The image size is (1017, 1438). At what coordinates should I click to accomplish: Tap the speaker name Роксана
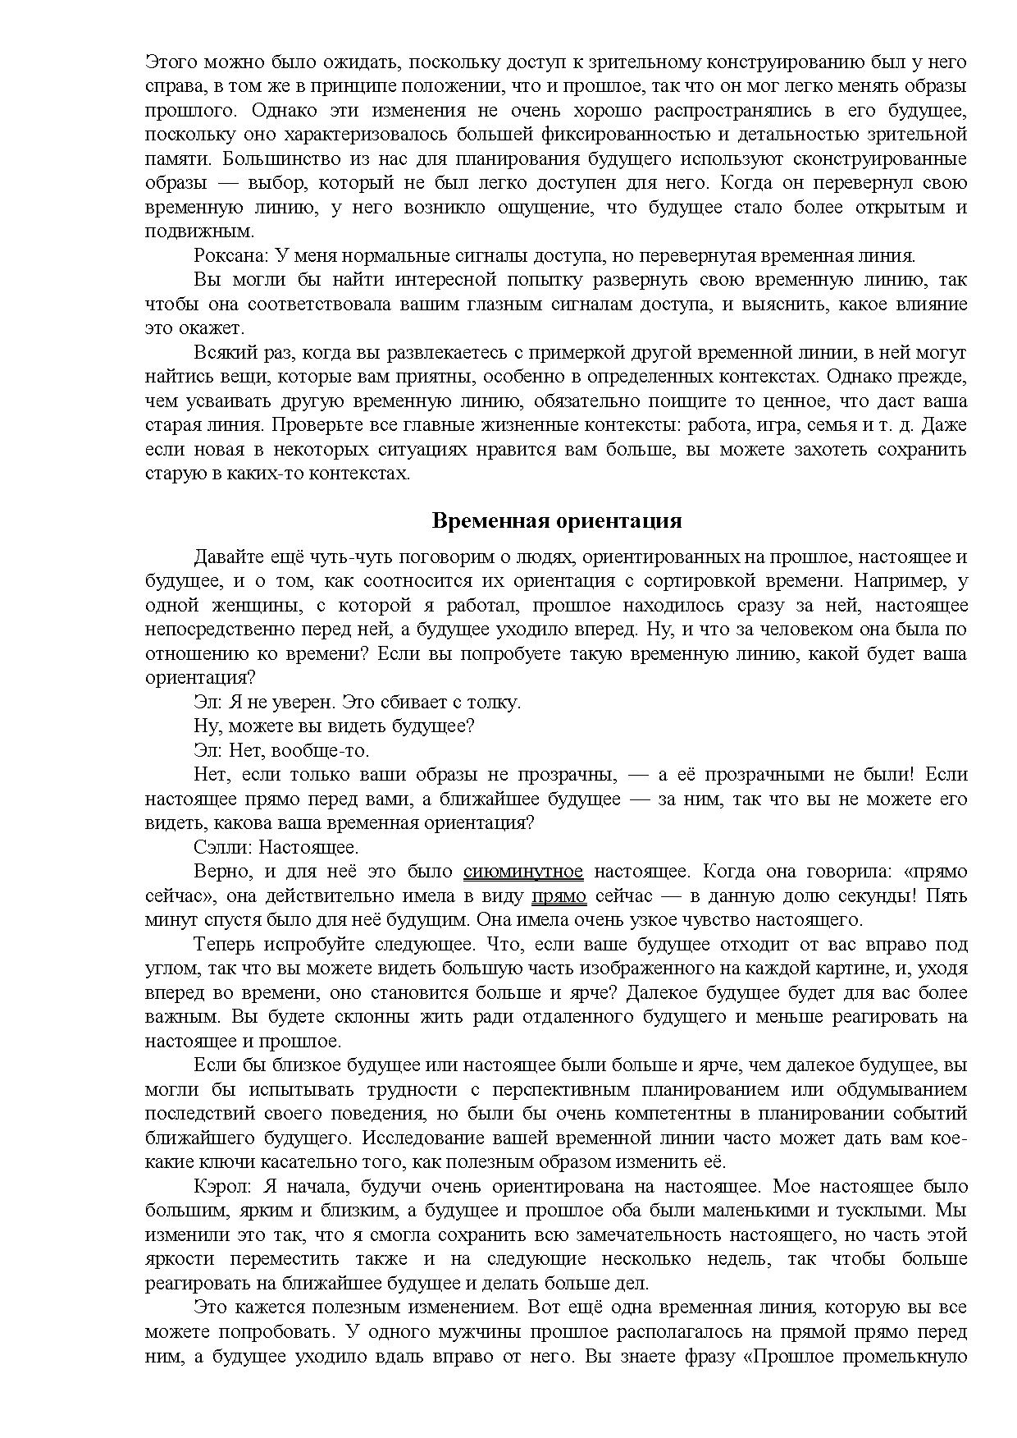click(227, 255)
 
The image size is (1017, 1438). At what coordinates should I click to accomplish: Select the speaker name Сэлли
click(221, 847)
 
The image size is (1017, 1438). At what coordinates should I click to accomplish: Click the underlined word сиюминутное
click(523, 872)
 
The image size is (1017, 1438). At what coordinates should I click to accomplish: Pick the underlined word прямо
click(559, 895)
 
